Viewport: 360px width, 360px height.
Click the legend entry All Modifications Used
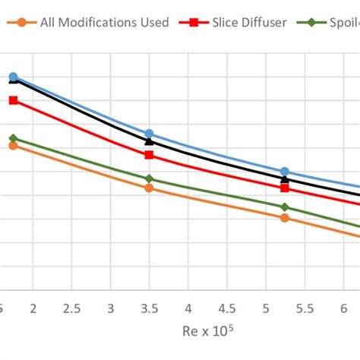[x=106, y=23]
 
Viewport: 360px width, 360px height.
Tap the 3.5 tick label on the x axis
[x=150, y=308]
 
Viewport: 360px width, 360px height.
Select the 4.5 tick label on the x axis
[x=227, y=308]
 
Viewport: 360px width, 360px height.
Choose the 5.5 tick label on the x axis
[x=305, y=308]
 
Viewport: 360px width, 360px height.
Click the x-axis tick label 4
[x=188, y=308]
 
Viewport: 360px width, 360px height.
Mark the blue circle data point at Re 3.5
[x=149, y=134]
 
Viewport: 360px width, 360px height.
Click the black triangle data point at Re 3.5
[x=149, y=141]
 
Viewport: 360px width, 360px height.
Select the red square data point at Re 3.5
[x=149, y=155]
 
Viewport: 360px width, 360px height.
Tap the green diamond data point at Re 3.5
[x=149, y=178]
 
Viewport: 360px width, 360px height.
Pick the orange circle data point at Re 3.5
[x=149, y=188]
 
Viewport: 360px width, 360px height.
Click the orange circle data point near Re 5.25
[x=285, y=218]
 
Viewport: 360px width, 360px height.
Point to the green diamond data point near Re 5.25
[x=285, y=207]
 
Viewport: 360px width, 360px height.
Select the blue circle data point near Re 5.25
[x=285, y=172]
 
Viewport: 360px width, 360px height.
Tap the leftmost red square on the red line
[x=13, y=100]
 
